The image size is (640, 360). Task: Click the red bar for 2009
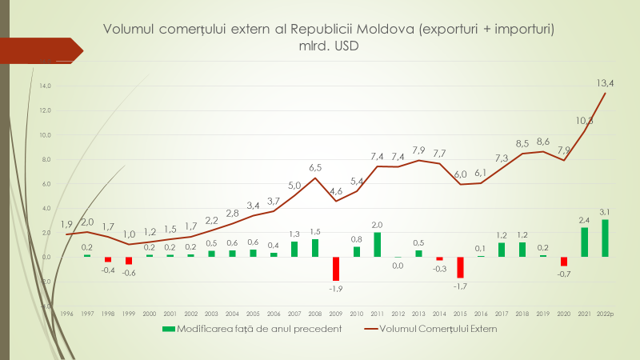(336, 268)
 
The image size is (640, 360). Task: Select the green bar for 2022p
(605, 238)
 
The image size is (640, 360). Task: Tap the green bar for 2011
(378, 244)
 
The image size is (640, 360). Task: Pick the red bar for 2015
(460, 266)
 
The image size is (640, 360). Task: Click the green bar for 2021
(584, 242)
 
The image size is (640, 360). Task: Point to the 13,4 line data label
(605, 82)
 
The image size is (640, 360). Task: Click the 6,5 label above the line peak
(315, 167)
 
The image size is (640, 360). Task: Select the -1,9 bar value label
(336, 288)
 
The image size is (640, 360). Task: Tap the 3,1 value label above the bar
(605, 211)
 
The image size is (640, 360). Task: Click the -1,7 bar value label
(460, 286)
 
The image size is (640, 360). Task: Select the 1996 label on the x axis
(67, 314)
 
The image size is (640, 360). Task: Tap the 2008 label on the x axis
(315, 314)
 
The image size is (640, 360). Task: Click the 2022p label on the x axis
(605, 314)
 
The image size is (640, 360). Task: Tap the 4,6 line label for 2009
(336, 191)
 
